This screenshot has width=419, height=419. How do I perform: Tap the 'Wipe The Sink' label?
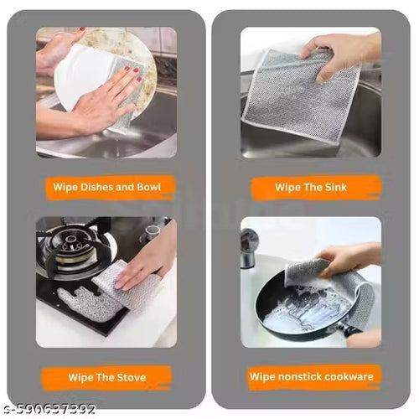[311, 188]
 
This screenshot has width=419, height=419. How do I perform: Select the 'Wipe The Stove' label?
[106, 376]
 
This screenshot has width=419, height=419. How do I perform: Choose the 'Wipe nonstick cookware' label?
[311, 376]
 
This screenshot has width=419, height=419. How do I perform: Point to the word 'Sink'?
[334, 188]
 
